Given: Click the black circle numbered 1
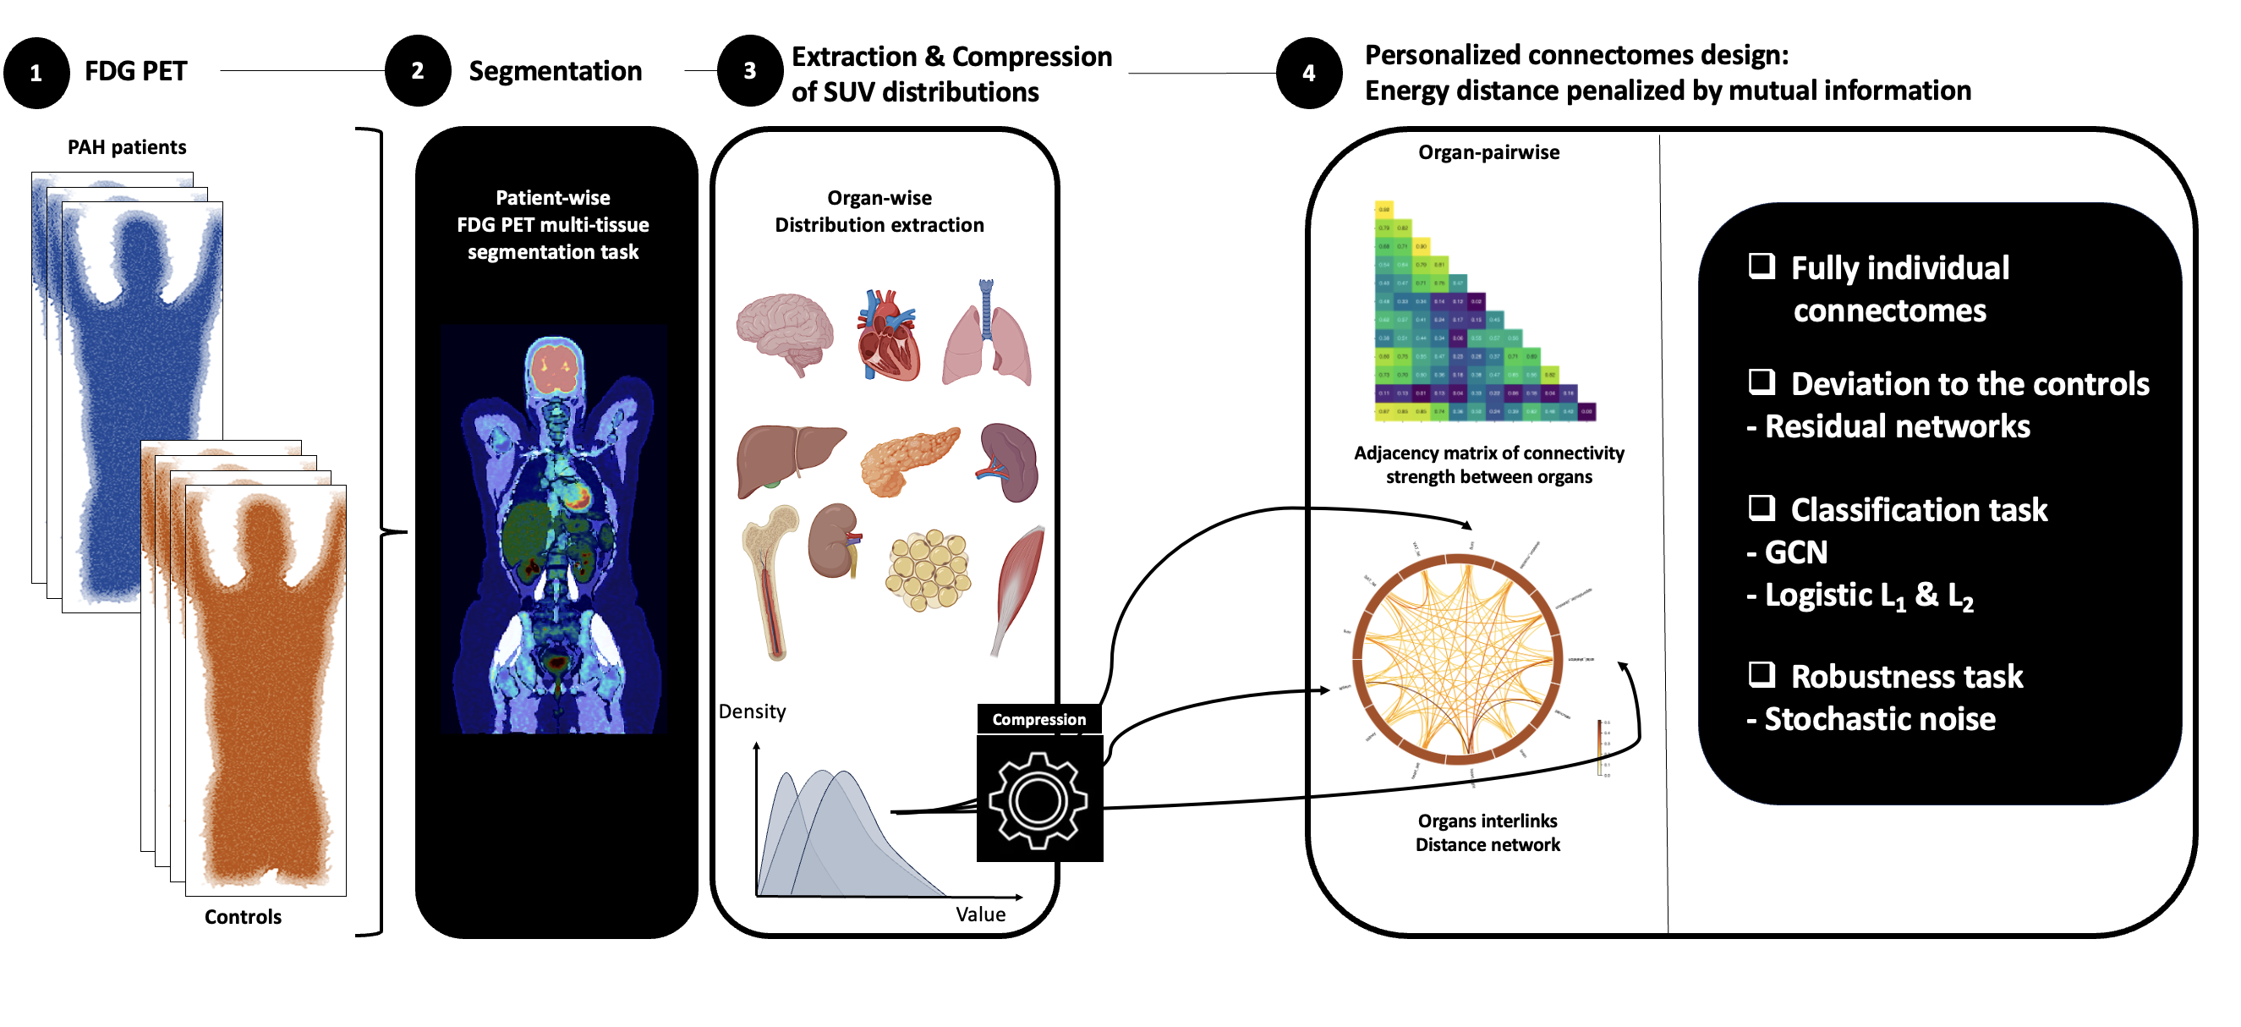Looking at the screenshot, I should coord(36,73).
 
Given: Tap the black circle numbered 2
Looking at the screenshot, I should coord(418,71).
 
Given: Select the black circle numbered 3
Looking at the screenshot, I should coord(750,71).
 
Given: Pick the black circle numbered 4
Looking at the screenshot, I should coord(1309,73).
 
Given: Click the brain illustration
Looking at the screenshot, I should coord(785,333).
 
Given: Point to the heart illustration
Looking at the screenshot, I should coord(887,336).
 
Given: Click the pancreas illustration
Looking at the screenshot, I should coord(909,461).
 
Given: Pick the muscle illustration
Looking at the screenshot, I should coord(1018,587).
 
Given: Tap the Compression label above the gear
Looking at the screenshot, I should coord(1038,720).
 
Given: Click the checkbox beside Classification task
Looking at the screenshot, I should coord(1762,508).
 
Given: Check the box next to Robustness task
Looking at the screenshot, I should coord(1762,674).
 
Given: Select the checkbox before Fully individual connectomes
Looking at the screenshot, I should coord(1762,266).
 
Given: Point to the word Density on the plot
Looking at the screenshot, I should coord(753,712).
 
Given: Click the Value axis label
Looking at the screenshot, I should coord(980,914).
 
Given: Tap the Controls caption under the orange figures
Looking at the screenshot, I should coord(243,917).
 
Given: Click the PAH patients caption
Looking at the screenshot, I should coord(127,147).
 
